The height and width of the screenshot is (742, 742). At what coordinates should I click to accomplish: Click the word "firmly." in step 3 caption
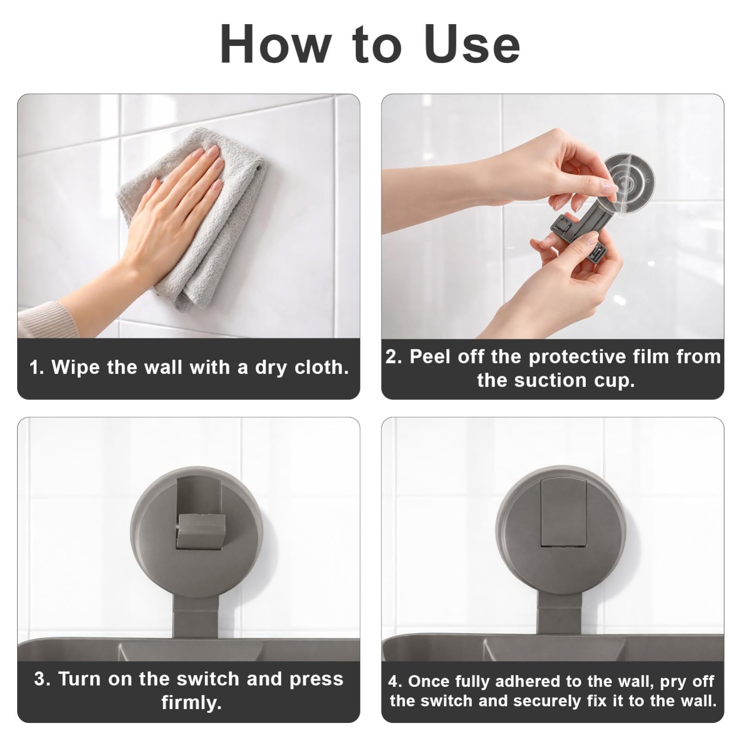[x=191, y=703]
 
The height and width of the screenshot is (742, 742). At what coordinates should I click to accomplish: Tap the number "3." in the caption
[x=42, y=679]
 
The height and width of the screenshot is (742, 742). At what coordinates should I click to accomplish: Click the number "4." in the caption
[x=395, y=681]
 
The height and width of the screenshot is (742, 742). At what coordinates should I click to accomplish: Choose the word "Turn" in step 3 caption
[x=79, y=679]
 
